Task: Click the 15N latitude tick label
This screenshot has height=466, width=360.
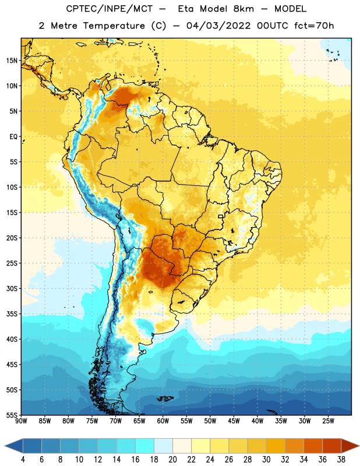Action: [12, 61]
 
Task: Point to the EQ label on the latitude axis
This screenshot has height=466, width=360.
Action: [13, 137]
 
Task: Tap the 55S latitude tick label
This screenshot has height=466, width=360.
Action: [12, 415]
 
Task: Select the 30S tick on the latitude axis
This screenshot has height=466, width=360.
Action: [12, 288]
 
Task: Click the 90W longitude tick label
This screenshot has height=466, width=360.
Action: [21, 421]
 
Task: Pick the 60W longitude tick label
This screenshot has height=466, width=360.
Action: [163, 421]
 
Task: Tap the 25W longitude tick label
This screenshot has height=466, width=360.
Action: [328, 421]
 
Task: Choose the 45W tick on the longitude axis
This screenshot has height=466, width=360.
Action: [234, 421]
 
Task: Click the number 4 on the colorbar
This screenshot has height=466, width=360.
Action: [23, 460]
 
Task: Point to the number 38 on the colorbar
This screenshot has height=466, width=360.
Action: [341, 460]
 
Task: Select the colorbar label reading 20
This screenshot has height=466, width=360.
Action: [172, 460]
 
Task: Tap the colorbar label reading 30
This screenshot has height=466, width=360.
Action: [266, 460]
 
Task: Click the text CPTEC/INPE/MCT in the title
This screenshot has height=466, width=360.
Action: [110, 9]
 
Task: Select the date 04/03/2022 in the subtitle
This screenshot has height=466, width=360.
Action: [218, 26]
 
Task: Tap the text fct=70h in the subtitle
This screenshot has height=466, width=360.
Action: [314, 26]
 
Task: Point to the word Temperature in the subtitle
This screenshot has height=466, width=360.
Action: [114, 26]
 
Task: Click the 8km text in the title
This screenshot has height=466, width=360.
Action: [243, 9]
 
